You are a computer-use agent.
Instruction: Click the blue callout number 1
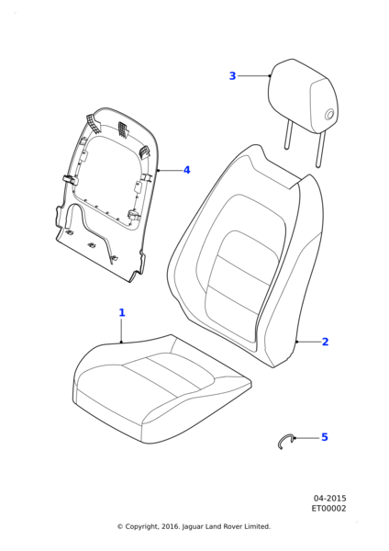tap(122, 312)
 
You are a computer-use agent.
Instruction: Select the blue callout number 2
tap(325, 342)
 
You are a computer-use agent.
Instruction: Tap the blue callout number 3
tap(232, 76)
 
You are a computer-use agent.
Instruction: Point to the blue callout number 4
tap(187, 170)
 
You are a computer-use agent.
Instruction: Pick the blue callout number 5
tap(325, 437)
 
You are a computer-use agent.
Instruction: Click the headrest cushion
tap(304, 96)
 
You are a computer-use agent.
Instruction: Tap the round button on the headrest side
tap(330, 115)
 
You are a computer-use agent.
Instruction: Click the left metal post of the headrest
tap(288, 135)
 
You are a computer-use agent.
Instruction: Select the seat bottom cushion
tap(161, 388)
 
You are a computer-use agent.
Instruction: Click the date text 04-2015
tap(329, 499)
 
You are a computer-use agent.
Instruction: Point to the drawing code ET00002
tap(328, 509)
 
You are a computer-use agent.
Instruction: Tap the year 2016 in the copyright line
tap(171, 526)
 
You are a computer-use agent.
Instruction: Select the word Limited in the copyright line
tap(259, 526)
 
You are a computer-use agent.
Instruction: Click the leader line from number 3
tap(253, 75)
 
